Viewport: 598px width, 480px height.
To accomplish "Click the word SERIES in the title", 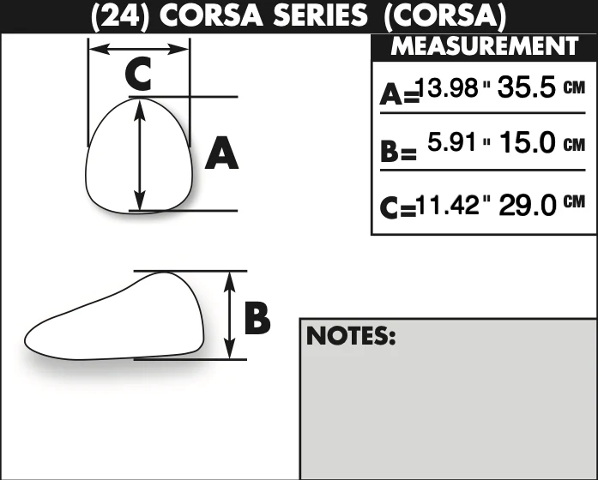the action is click(x=321, y=15).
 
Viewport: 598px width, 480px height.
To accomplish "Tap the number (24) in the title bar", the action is click(x=120, y=16).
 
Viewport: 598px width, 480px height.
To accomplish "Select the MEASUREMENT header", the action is click(x=485, y=46).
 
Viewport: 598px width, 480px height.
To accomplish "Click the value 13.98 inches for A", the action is click(x=447, y=87).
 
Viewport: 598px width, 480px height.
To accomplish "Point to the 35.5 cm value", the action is click(x=527, y=87).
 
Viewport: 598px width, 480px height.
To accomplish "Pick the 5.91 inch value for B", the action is click(x=452, y=141).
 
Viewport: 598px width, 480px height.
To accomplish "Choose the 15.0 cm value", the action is click(x=528, y=142).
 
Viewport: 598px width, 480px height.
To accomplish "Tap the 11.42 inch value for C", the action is click(x=447, y=205).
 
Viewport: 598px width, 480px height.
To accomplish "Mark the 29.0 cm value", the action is click(x=528, y=205).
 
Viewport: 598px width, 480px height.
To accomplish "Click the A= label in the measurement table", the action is click(x=399, y=94).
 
